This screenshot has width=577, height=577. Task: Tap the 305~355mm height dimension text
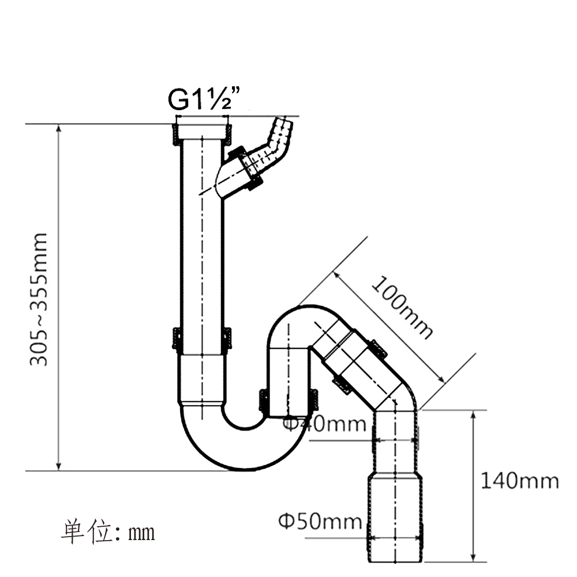click(x=39, y=299)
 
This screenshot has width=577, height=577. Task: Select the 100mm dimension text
click(x=402, y=307)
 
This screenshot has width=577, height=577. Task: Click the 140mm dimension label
click(x=520, y=480)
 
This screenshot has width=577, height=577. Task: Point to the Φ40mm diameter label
click(x=324, y=424)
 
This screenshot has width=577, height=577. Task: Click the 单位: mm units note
click(x=108, y=531)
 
